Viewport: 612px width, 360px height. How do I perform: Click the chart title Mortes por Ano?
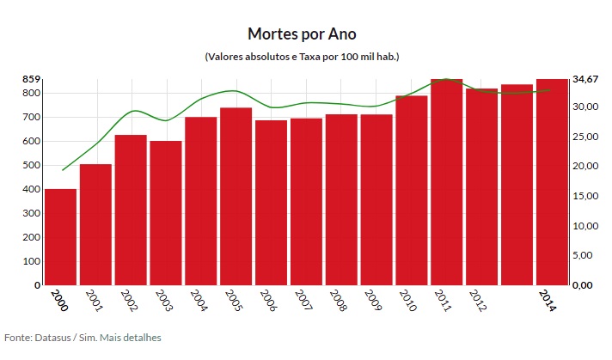point(301,34)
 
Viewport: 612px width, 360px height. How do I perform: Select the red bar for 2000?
point(61,237)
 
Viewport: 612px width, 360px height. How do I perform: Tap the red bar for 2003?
point(166,213)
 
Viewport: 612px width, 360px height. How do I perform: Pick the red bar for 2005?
point(236,197)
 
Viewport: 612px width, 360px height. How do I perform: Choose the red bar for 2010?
point(412,191)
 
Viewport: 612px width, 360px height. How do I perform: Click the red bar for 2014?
point(553,182)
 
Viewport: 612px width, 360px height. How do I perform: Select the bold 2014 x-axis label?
point(548,300)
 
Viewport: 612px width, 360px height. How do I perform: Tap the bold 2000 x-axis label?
point(58,300)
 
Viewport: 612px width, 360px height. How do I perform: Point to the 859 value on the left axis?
point(31,79)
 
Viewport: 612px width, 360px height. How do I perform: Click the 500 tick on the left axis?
point(31,165)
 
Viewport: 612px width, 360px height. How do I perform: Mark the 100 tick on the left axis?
point(31,261)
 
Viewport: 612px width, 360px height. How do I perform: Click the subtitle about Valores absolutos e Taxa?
point(302,57)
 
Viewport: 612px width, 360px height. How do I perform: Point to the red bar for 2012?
point(482,186)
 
